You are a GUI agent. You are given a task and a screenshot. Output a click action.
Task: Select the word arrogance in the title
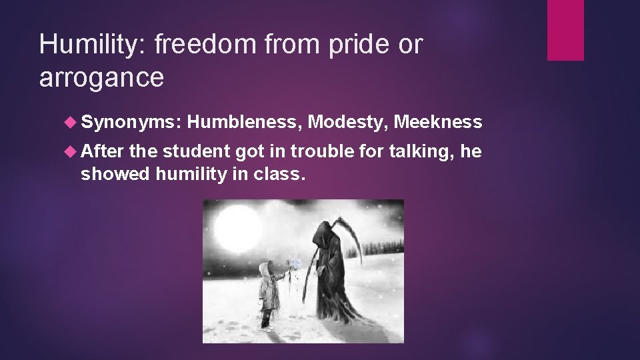pyautogui.click(x=101, y=78)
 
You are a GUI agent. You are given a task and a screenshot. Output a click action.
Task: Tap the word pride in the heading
pyautogui.click(x=357, y=45)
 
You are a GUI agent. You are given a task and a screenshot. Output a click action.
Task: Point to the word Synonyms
pyautogui.click(x=131, y=122)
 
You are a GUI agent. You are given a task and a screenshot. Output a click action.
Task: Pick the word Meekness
pyautogui.click(x=437, y=122)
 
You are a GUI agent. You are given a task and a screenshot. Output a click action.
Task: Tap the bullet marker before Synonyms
pyautogui.click(x=73, y=122)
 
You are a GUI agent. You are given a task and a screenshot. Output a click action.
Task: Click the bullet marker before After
pyautogui.click(x=73, y=152)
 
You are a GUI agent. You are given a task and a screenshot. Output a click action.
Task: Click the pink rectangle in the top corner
pyautogui.click(x=565, y=30)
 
